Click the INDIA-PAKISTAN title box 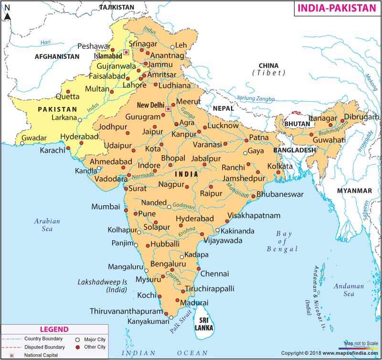point(337,9)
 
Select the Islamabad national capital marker point(126,52)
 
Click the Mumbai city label point(106,207)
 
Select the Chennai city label point(215,274)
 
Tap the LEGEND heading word point(53,329)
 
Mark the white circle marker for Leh point(172,47)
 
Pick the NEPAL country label point(223,108)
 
